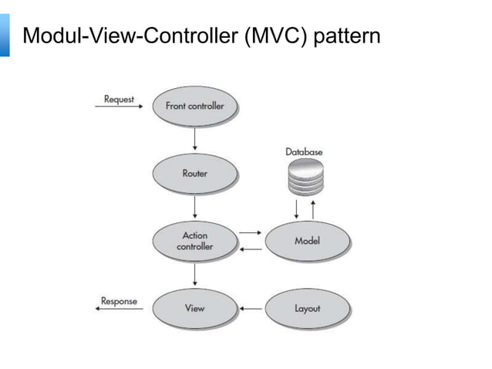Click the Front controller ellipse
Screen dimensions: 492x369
(x=195, y=107)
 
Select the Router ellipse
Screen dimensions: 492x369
(x=195, y=174)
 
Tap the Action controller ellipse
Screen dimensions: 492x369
(x=195, y=241)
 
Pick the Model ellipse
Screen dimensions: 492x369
(x=308, y=241)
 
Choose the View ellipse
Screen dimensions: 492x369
(x=195, y=308)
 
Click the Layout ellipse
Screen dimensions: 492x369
(x=308, y=308)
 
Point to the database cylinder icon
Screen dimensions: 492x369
(x=305, y=177)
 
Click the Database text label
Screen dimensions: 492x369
(x=304, y=152)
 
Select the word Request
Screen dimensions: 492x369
(x=119, y=100)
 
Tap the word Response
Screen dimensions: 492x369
(x=119, y=301)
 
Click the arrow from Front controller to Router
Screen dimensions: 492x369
(x=195, y=138)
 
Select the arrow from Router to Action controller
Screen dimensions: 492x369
(x=195, y=207)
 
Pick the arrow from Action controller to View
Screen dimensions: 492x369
(x=195, y=274)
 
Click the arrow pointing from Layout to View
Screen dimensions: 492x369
(x=251, y=309)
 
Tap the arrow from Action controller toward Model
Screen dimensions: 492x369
(x=251, y=232)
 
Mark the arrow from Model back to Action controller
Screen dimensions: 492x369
(x=251, y=249)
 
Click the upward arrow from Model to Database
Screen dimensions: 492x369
(x=313, y=210)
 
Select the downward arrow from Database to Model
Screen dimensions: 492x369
(x=296, y=209)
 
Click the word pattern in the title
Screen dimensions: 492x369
(x=347, y=36)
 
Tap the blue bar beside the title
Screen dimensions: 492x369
(x=5, y=36)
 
